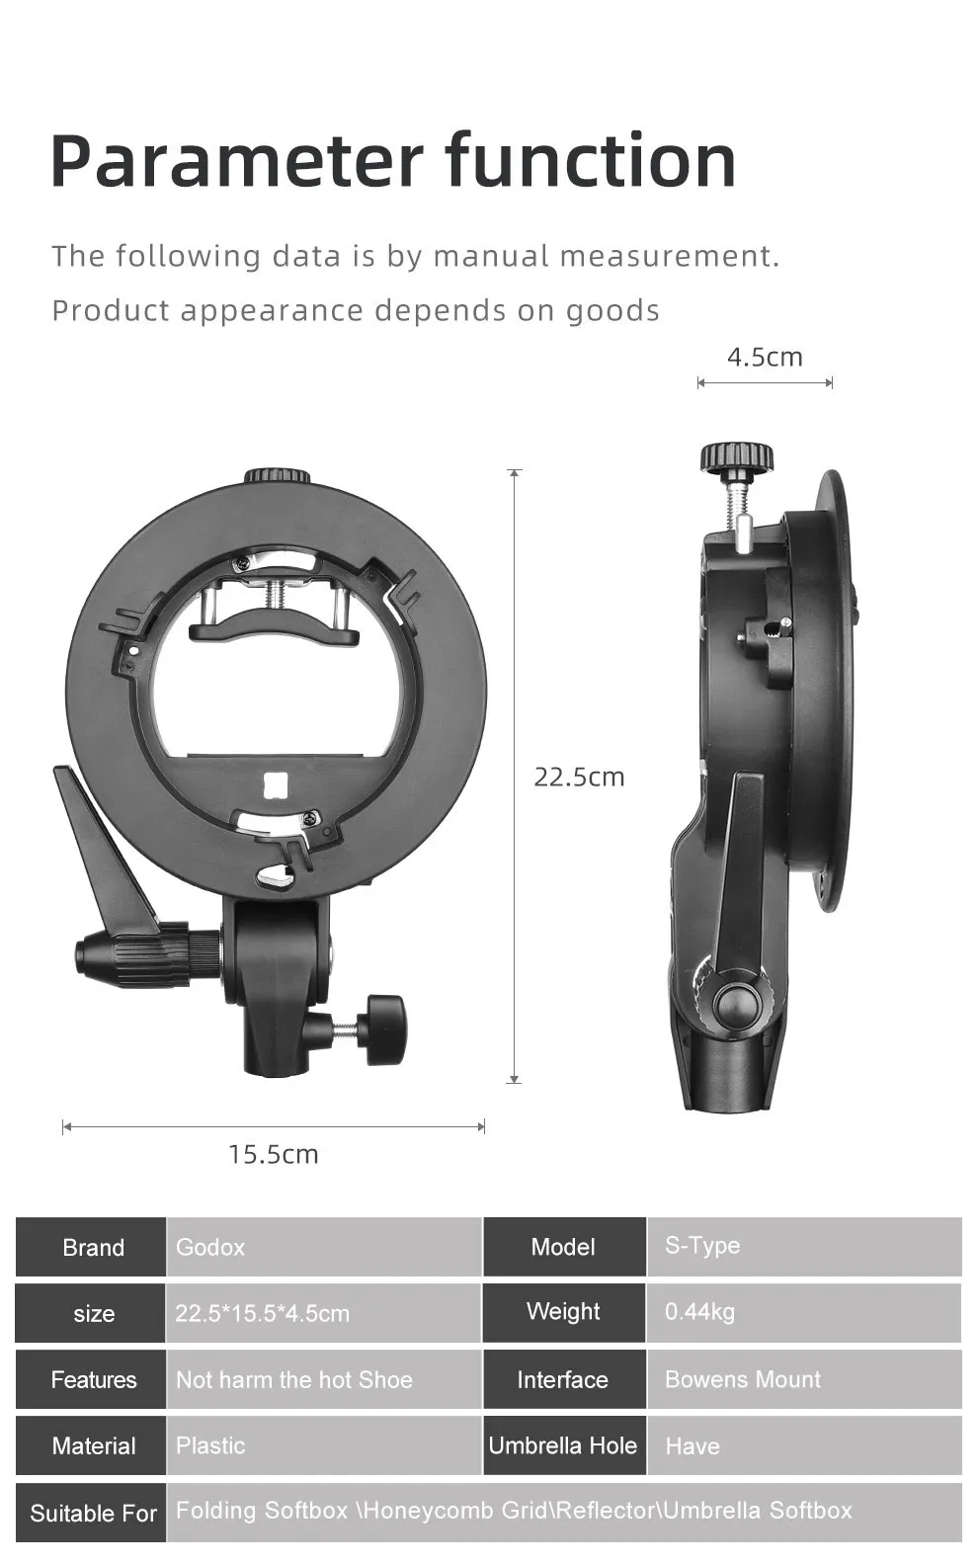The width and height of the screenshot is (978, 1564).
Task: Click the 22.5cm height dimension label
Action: point(579,778)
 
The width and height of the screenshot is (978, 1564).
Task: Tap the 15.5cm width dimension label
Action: point(273,1154)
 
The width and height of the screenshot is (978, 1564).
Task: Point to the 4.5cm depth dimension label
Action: point(765,357)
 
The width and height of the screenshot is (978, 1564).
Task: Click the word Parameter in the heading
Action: point(237,161)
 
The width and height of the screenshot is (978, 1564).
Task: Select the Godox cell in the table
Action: point(324,1247)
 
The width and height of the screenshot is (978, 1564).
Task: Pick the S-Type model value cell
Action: point(804,1247)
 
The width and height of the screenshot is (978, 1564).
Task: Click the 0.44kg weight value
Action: point(699,1312)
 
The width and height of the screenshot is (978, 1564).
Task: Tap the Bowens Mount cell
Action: point(804,1379)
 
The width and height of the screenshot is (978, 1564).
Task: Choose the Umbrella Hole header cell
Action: point(564,1445)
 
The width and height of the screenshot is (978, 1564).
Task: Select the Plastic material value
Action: point(210,1445)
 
